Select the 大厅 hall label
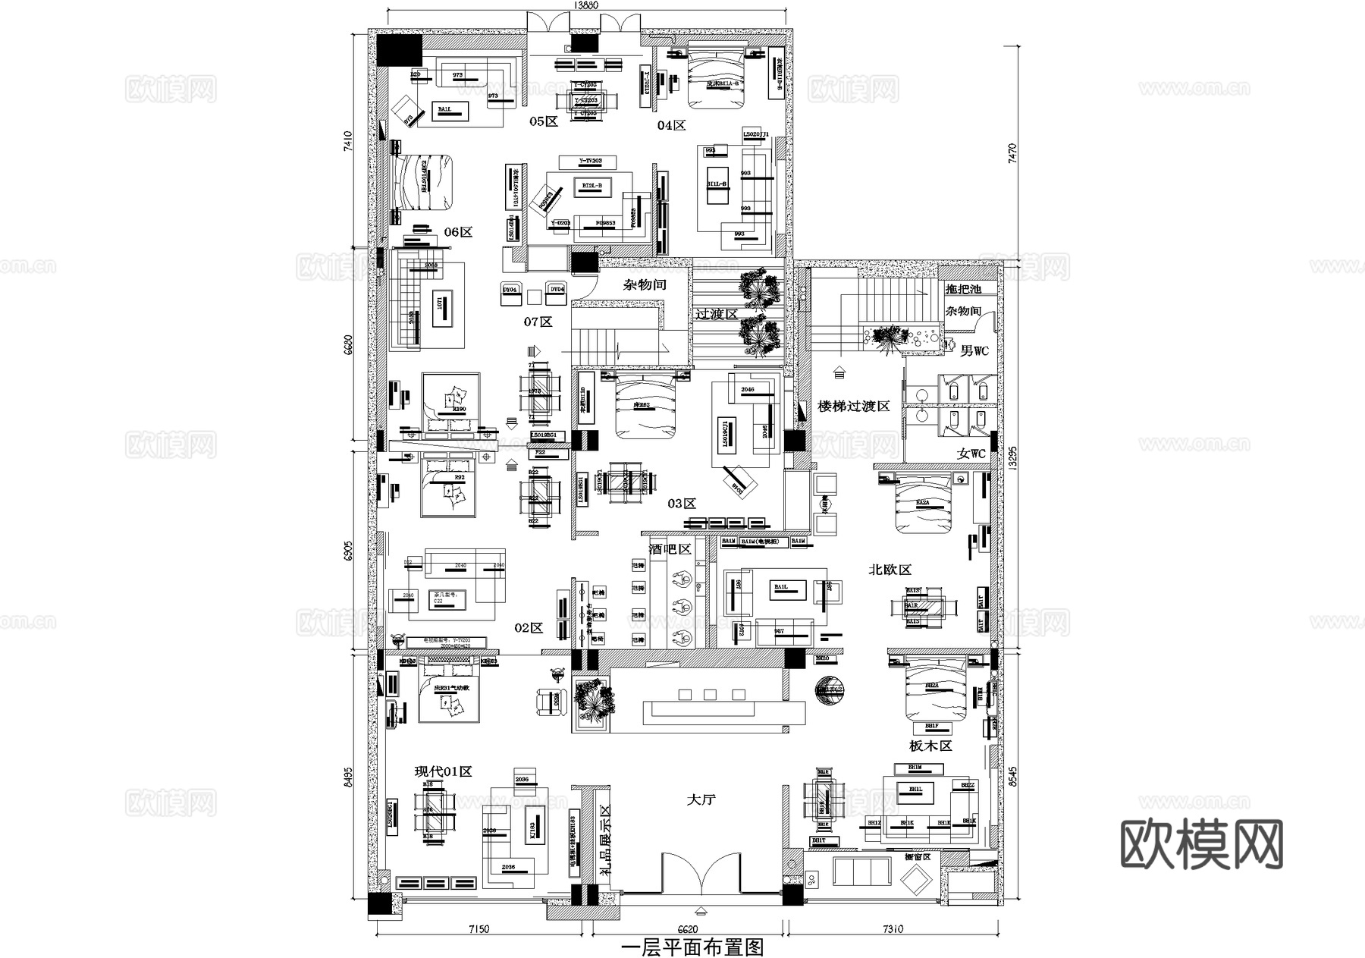[701, 799]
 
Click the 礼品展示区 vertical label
[605, 840]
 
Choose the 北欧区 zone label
[890, 570]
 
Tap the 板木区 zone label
[930, 746]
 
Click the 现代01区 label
[443, 771]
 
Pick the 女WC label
[971, 454]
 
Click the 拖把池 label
[963, 289]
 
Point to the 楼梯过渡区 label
[854, 407]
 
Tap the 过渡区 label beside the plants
[717, 314]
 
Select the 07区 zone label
[538, 322]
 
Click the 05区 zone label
[543, 121]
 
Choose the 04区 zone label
[671, 125]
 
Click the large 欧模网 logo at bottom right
[1201, 844]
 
